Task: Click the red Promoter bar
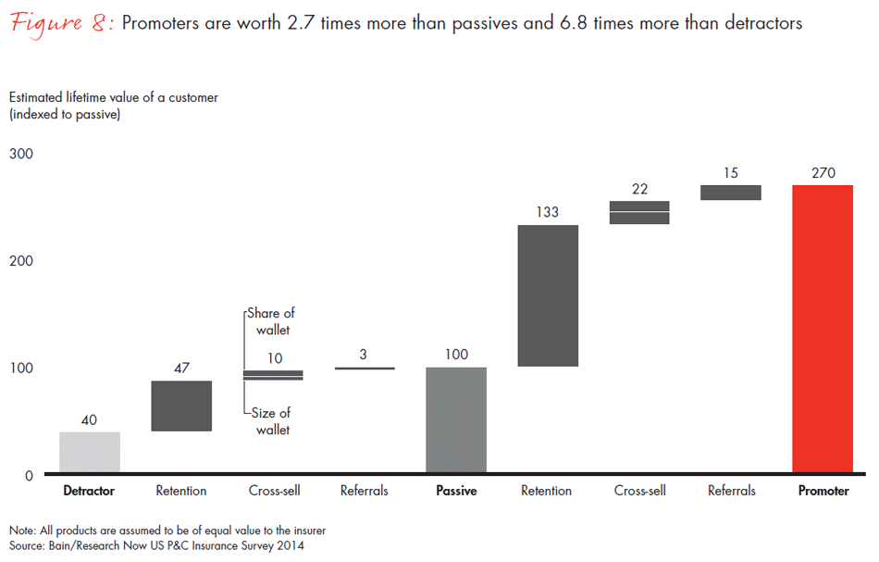click(x=823, y=329)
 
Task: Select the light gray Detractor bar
click(x=90, y=453)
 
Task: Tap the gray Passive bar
click(x=456, y=420)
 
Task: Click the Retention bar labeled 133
click(x=548, y=295)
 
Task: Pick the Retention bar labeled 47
click(x=181, y=406)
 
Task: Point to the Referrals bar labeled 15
click(x=731, y=193)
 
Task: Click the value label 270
click(x=823, y=171)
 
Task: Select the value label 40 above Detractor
click(x=90, y=419)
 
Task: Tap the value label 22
click(x=639, y=188)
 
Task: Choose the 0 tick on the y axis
click(x=29, y=476)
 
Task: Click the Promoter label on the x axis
click(x=823, y=492)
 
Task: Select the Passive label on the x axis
click(x=456, y=492)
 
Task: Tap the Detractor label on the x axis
click(x=89, y=492)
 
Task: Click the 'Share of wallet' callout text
click(x=270, y=321)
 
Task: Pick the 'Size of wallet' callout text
click(x=270, y=421)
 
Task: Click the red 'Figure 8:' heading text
click(x=62, y=23)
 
